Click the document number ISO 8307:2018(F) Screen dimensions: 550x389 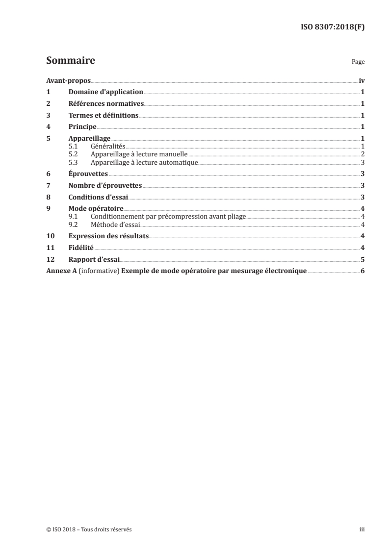[332, 27]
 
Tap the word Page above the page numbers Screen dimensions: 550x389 [358, 62]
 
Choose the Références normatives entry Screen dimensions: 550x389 [106, 103]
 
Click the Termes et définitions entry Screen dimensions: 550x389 [104, 116]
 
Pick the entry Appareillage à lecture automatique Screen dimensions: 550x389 [144, 162]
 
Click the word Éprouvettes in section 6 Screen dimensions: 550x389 [88, 174]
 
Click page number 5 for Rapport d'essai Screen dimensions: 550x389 [362, 259]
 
